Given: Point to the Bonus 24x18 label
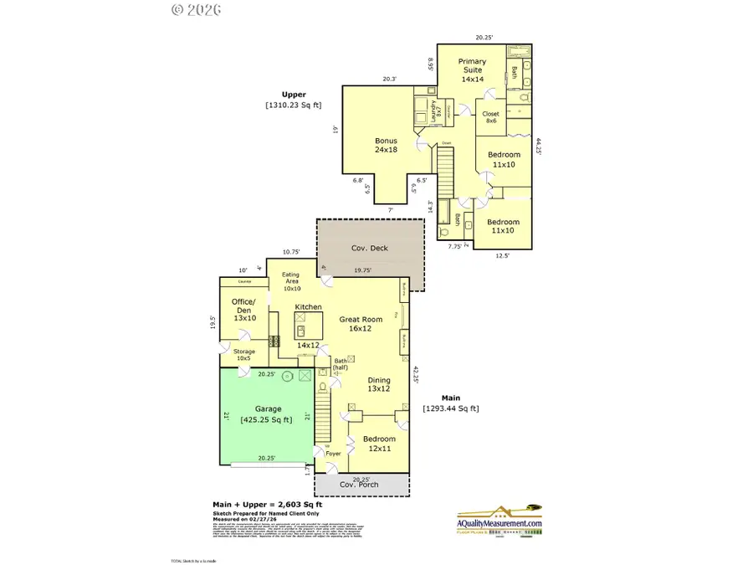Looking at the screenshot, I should click(x=386, y=145).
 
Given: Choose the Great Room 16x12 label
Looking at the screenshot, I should click(x=361, y=323).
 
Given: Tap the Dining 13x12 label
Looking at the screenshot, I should click(x=379, y=383).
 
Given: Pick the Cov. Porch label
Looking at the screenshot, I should click(x=358, y=485).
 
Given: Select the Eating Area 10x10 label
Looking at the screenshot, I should click(x=290, y=282).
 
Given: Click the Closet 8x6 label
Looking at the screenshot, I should click(x=491, y=116).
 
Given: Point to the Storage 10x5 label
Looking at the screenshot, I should click(x=244, y=355).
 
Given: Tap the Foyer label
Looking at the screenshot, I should click(x=333, y=454).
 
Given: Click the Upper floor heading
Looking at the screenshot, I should click(x=293, y=95).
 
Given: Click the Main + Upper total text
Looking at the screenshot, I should click(x=266, y=505).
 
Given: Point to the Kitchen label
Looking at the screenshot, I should click(x=308, y=307).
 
